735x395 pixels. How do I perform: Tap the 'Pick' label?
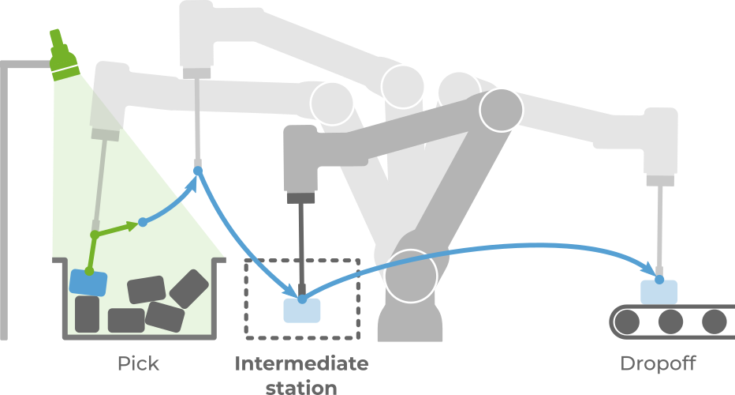coord(138,364)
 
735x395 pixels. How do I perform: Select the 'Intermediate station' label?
coord(301,375)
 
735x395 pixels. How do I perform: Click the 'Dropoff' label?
coord(658,364)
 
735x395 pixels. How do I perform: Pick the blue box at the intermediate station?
coord(302,310)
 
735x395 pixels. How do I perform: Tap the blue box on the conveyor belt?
coord(659,292)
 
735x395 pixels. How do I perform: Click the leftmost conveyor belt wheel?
coord(628,321)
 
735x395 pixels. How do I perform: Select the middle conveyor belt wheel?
coord(671,321)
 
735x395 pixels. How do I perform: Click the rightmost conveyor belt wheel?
coord(714,321)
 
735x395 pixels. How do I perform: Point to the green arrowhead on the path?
coord(131,226)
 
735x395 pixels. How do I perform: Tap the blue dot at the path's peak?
coord(197,169)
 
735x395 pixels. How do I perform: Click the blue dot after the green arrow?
coord(143,222)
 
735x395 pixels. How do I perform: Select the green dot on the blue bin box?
coord(89,272)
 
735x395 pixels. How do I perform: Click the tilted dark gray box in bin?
coord(188,288)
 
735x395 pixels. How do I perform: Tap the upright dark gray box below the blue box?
coord(87,314)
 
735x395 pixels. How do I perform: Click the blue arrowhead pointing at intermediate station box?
coord(297,288)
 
